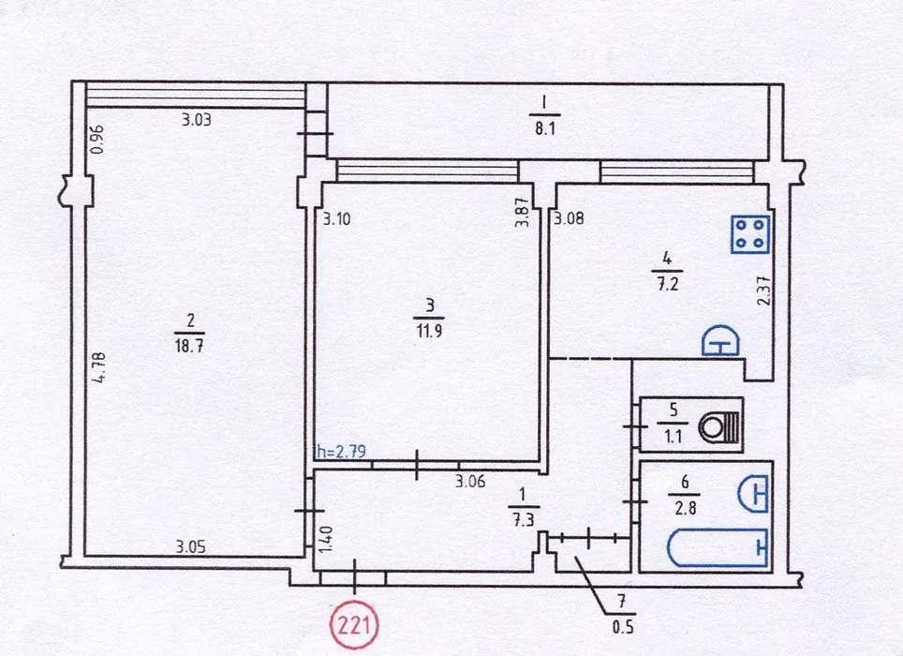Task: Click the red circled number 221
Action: click(x=354, y=624)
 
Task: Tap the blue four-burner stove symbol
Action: click(x=750, y=234)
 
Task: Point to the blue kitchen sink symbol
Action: click(x=720, y=341)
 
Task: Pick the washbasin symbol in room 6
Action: click(x=753, y=494)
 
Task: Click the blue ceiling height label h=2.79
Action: click(x=342, y=451)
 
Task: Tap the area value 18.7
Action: click(x=189, y=346)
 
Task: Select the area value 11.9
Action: click(x=429, y=331)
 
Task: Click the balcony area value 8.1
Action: click(x=544, y=127)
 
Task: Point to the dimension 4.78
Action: click(x=99, y=368)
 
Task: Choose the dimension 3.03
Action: click(x=197, y=120)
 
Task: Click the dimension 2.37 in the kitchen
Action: click(x=763, y=292)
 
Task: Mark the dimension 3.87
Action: click(x=523, y=213)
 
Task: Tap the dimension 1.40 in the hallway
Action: click(x=325, y=540)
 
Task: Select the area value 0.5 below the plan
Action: click(x=623, y=626)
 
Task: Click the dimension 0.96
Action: click(x=97, y=140)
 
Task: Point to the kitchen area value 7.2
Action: click(x=668, y=284)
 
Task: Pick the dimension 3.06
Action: click(x=470, y=482)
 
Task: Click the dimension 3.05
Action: click(x=190, y=546)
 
